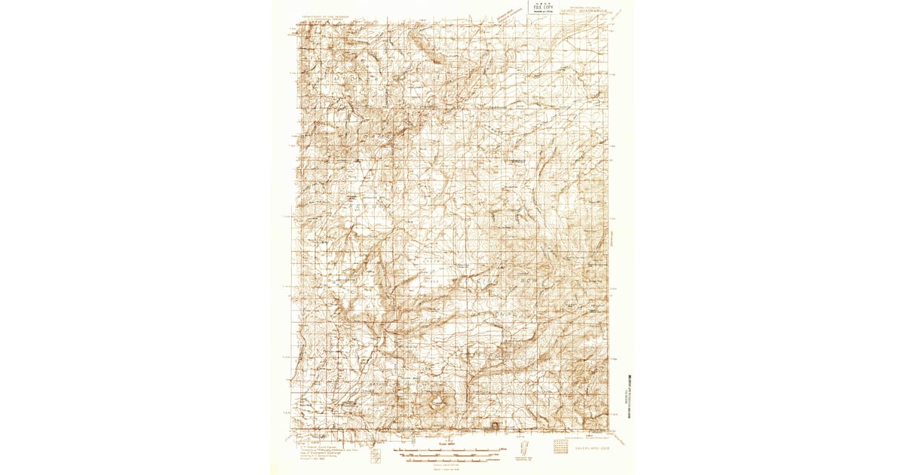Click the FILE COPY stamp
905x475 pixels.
coord(541,11)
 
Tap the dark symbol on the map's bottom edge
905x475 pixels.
coord(495,426)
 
